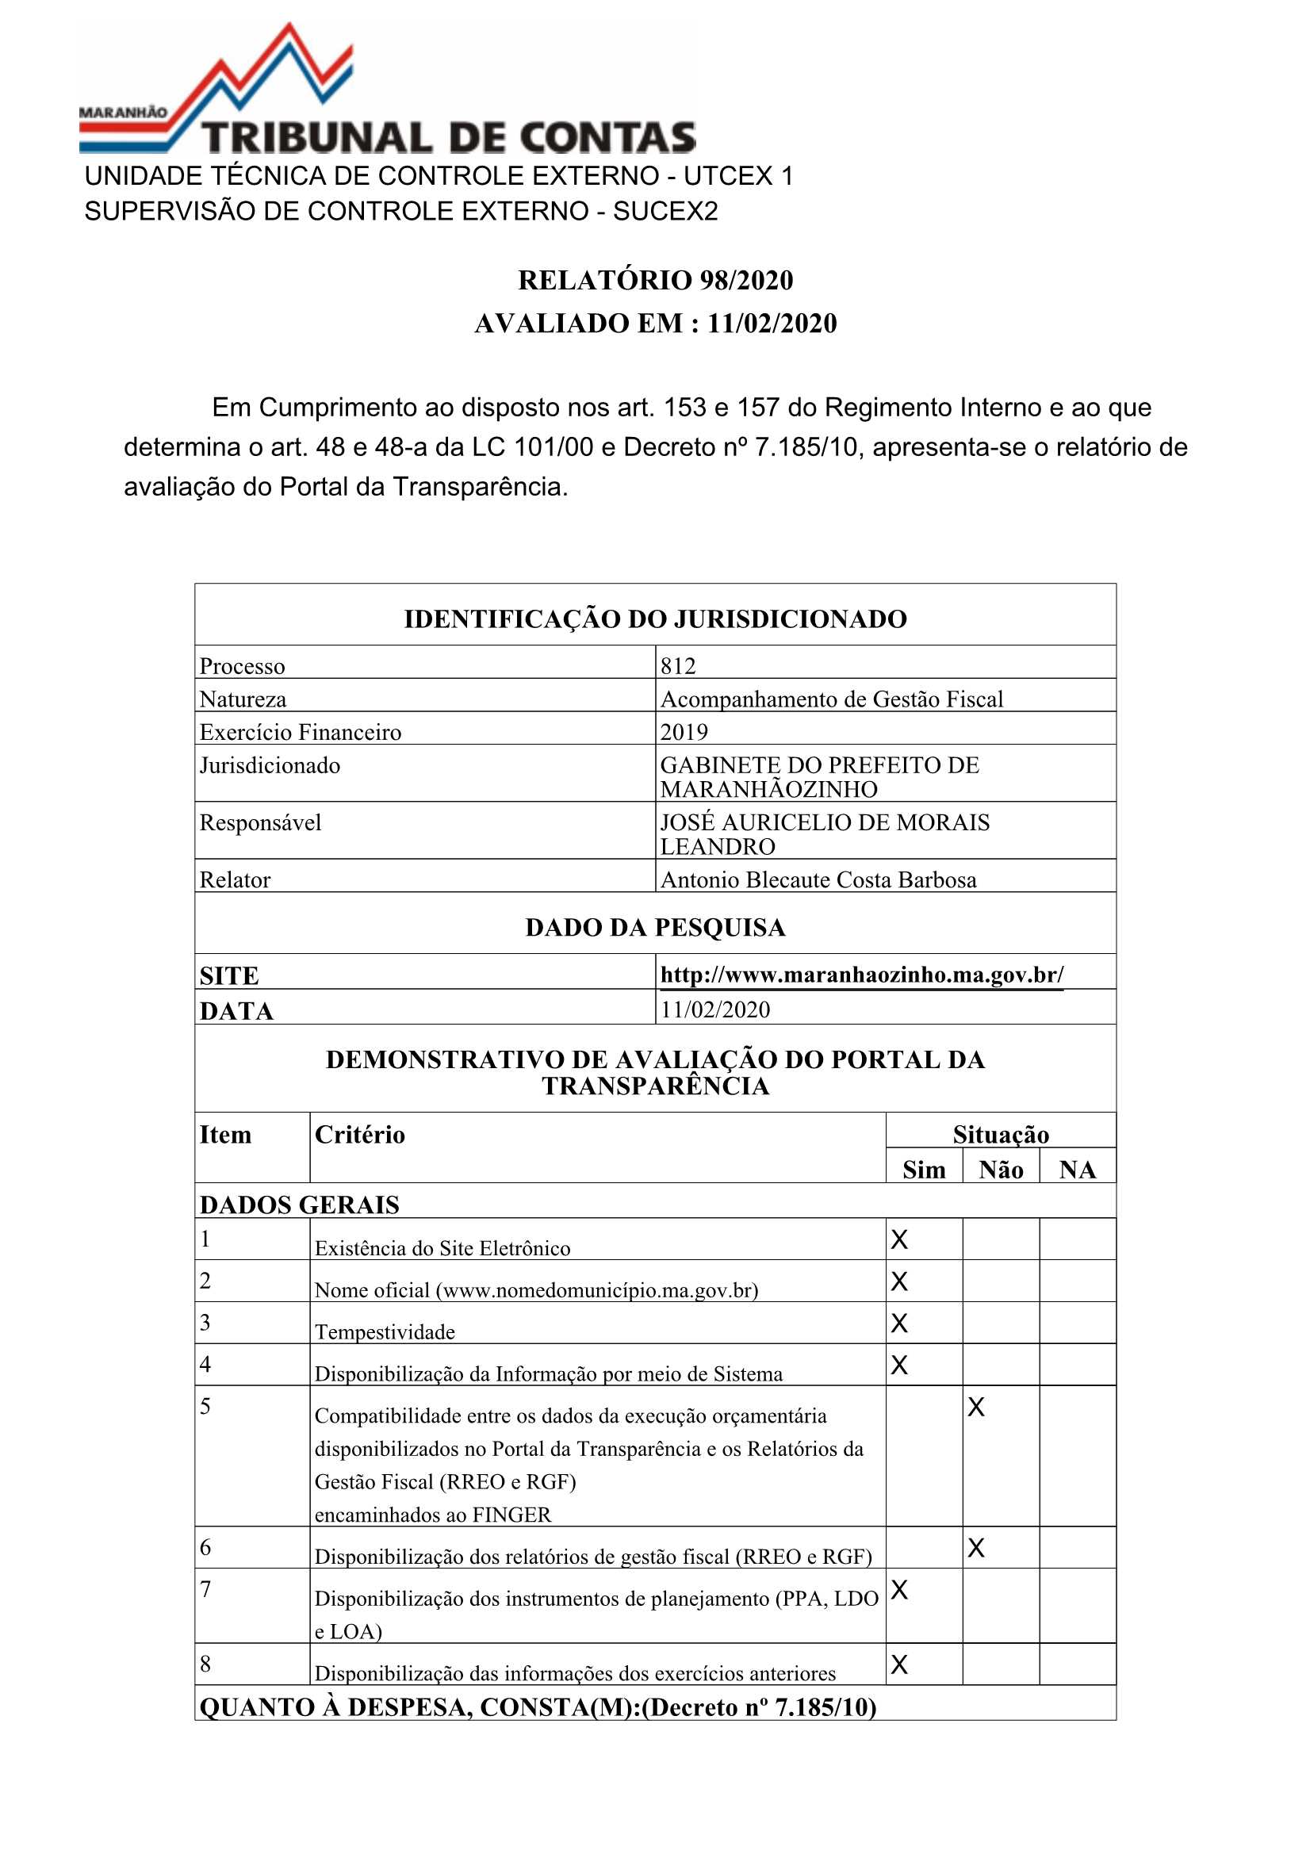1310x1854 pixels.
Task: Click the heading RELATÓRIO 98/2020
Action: (x=655, y=280)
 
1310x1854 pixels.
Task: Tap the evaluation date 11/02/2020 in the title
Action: (x=772, y=323)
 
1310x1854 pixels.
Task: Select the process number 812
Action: (x=678, y=666)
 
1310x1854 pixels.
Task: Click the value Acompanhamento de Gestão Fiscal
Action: (x=831, y=699)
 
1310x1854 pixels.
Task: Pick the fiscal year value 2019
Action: (x=684, y=733)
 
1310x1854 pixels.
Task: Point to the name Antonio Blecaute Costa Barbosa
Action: (x=818, y=880)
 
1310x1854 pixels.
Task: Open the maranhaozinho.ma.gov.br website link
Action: (x=862, y=975)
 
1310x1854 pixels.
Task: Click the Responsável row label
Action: (x=260, y=823)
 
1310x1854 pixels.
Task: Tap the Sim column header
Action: (x=923, y=1170)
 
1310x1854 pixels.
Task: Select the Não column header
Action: (x=1001, y=1170)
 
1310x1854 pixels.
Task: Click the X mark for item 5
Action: (x=975, y=1408)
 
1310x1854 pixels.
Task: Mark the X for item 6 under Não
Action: (x=975, y=1548)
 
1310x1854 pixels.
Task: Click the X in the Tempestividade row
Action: (x=899, y=1323)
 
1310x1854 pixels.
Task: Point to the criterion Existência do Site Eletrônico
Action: (x=442, y=1248)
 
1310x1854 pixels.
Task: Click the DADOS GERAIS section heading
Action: (x=300, y=1205)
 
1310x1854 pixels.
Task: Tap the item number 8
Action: (x=206, y=1664)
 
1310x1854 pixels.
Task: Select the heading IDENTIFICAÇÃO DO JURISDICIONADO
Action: (x=655, y=619)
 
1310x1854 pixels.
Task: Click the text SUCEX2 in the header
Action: (x=665, y=212)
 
